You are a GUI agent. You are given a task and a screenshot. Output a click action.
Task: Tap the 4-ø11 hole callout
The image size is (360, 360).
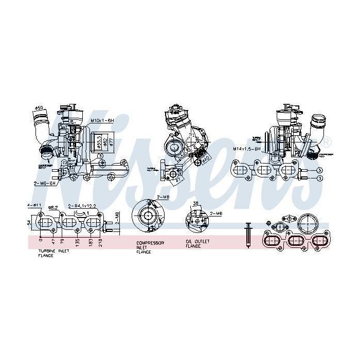pos(34,205)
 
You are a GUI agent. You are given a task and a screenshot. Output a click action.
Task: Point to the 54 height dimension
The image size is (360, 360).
pos(28,223)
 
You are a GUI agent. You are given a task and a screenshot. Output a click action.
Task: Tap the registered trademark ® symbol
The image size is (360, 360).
pos(328,140)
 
